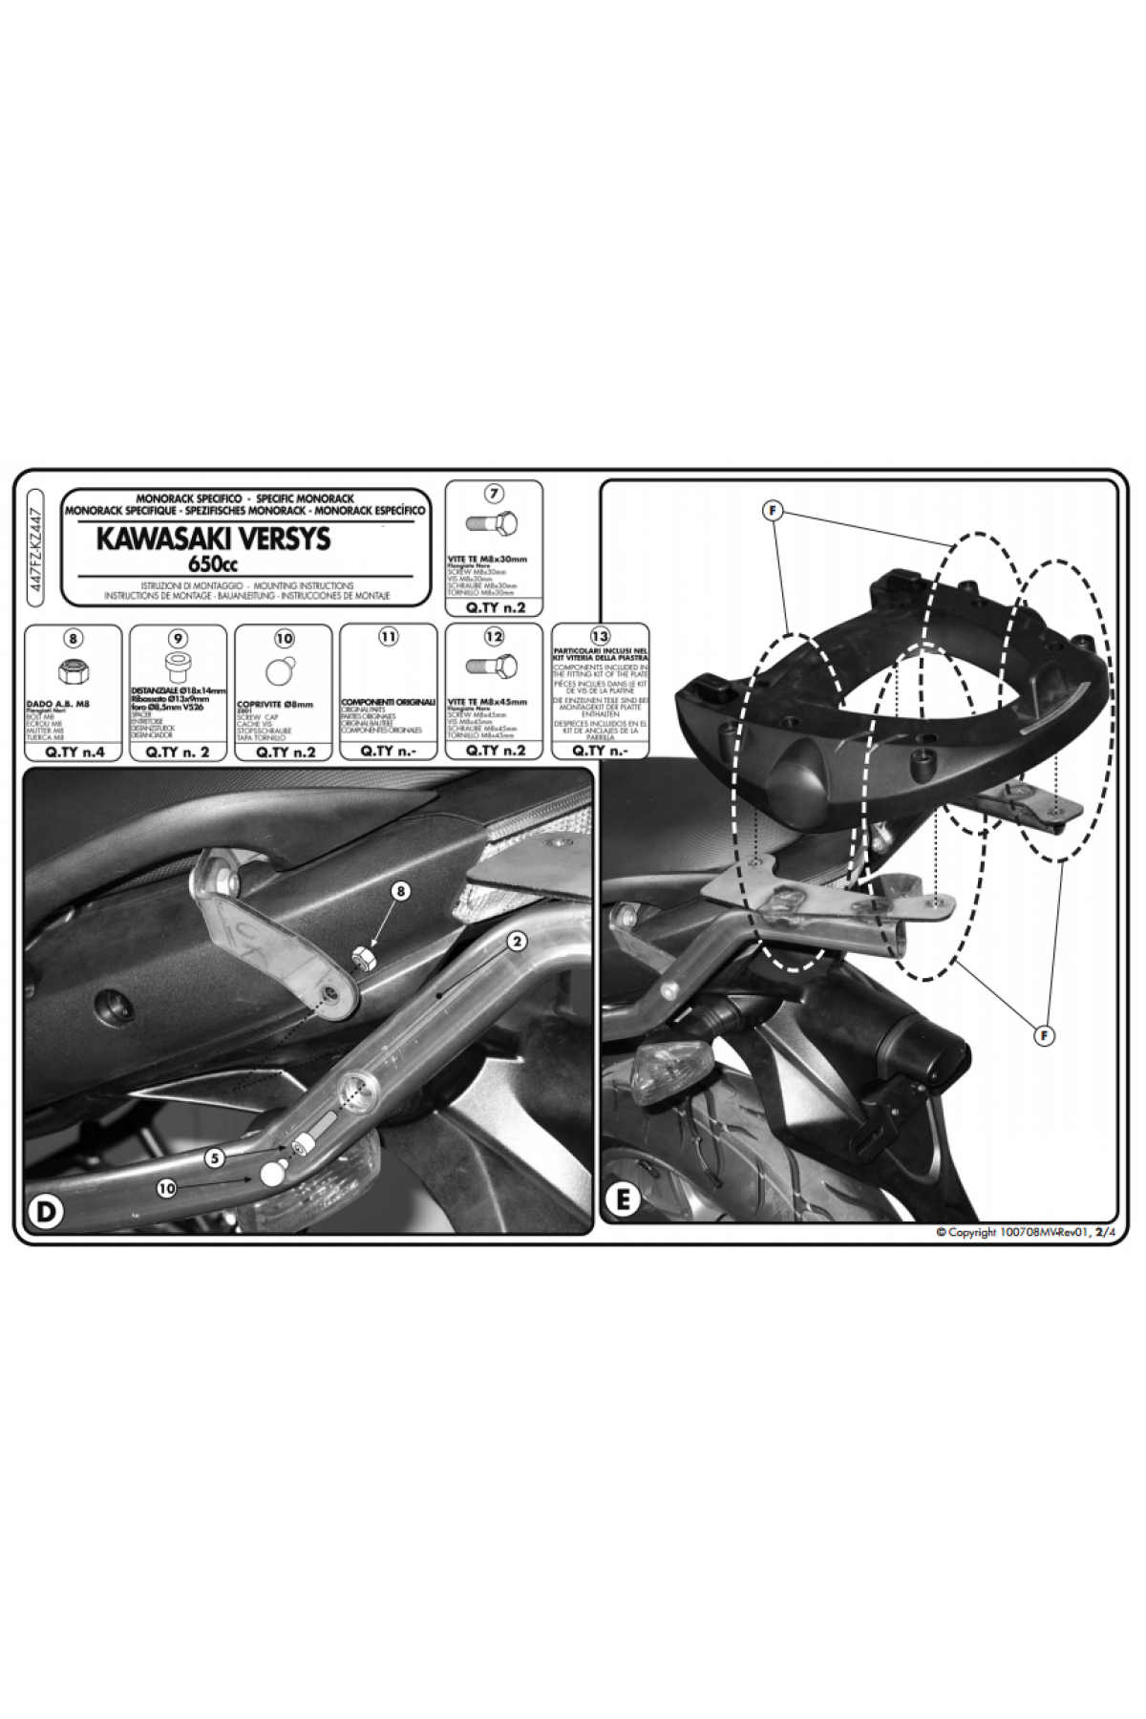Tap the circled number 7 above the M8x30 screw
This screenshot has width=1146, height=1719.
[494, 495]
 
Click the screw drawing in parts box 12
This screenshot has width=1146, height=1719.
[494, 667]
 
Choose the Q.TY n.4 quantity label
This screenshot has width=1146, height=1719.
[73, 751]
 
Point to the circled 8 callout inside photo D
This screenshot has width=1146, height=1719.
[401, 890]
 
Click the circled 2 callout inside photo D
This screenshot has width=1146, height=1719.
[516, 942]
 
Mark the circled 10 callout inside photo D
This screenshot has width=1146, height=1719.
[168, 1189]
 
